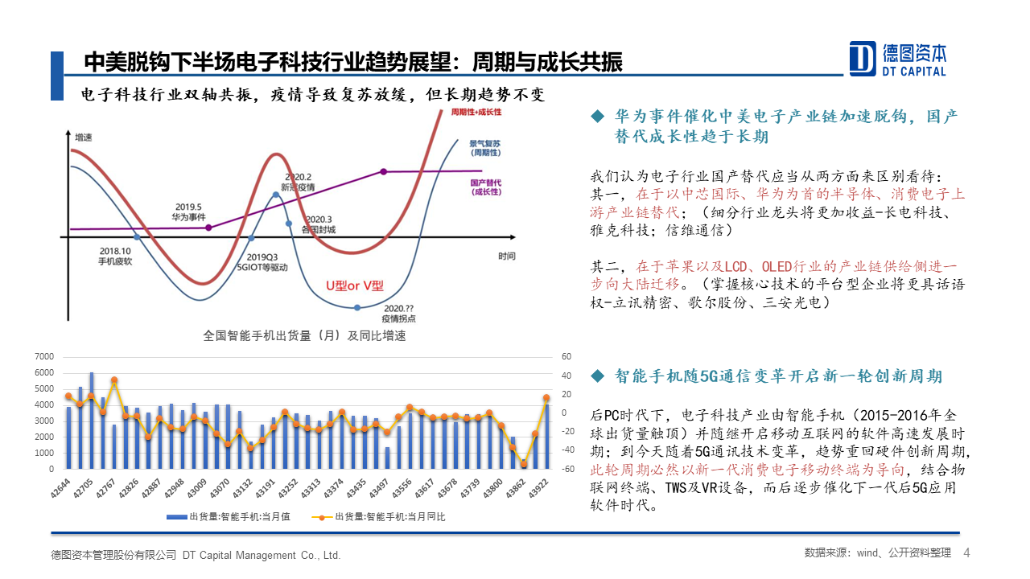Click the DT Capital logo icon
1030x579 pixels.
863,58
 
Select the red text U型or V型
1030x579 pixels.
355,285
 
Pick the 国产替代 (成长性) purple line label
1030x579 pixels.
485,187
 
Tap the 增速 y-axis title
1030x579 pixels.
84,138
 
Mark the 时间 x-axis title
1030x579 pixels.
506,257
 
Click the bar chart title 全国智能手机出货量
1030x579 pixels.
304,336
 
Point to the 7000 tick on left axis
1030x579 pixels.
44,356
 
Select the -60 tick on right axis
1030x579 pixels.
566,469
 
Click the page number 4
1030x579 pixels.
966,553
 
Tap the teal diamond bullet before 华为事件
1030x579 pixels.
597,117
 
